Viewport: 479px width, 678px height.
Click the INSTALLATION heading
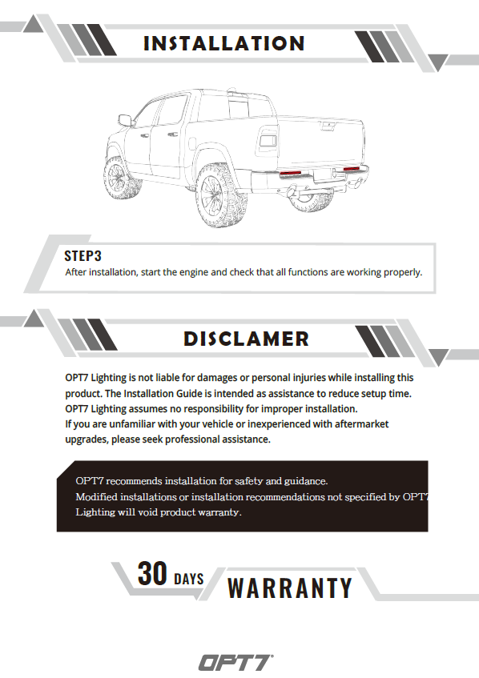[224, 43]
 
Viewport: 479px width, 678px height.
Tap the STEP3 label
[83, 256]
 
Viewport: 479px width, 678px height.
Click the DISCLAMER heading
[246, 339]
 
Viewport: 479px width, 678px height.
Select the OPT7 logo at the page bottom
[235, 662]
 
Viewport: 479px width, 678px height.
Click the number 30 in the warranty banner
[152, 573]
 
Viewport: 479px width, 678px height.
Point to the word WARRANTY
[290, 588]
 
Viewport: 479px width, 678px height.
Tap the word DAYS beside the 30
[189, 579]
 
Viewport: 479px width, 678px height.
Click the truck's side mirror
[125, 120]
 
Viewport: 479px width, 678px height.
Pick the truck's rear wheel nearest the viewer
[221, 195]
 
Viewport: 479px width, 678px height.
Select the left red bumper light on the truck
[291, 174]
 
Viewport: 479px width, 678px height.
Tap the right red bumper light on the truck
[352, 169]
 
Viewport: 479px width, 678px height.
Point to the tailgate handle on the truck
[328, 126]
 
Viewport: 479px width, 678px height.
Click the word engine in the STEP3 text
[194, 272]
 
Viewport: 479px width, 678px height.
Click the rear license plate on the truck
[322, 175]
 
